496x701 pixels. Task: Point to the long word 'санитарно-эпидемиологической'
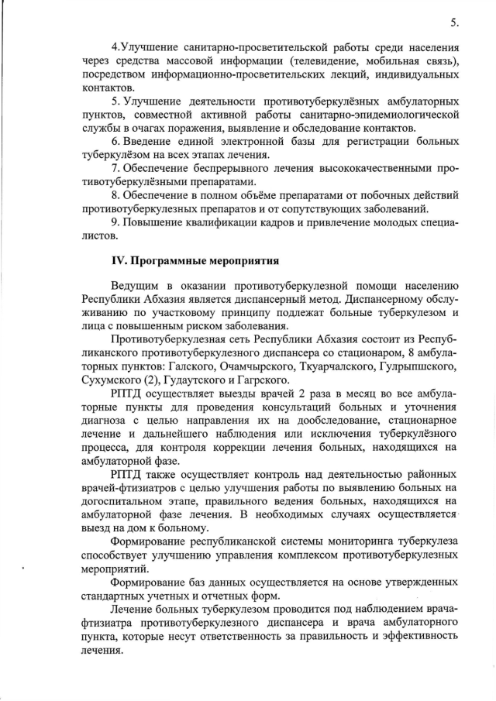pos(379,115)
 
